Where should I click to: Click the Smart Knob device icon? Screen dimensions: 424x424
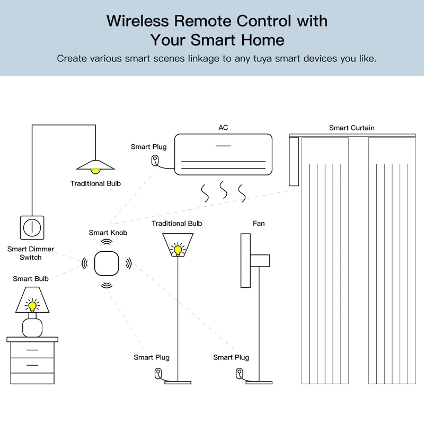[107, 263]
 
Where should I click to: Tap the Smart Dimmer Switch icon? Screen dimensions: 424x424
[32, 227]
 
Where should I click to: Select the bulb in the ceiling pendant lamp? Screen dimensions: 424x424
[95, 170]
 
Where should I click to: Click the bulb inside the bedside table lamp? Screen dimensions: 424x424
[32, 305]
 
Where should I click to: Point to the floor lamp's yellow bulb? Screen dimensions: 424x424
[177, 248]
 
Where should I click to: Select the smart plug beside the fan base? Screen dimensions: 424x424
[238, 373]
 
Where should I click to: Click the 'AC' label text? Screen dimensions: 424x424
[223, 128]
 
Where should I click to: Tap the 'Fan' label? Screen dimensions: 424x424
[259, 224]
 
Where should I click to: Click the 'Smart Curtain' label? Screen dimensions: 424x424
[351, 128]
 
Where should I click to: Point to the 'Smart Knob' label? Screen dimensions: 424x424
[108, 233]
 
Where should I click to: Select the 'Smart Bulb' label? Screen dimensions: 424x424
[31, 279]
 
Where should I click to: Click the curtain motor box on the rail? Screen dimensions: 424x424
[294, 161]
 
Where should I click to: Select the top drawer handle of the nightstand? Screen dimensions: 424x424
[32, 350]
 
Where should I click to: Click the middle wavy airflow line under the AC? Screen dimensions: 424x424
[223, 191]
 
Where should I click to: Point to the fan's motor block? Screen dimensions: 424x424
[260, 261]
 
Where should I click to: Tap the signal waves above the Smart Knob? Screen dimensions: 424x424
[107, 241]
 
